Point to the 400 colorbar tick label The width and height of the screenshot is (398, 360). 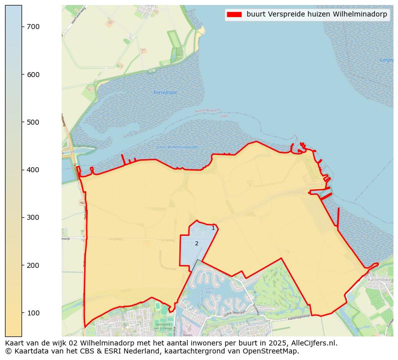coord(33,170)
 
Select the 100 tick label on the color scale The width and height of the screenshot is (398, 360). coord(33,313)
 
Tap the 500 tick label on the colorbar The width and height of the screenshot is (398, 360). coord(33,122)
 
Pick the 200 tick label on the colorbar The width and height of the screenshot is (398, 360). coord(33,265)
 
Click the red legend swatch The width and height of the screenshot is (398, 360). coord(234,15)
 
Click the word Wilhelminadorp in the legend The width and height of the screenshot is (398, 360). coord(362,15)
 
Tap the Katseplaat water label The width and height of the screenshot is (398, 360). coord(165,93)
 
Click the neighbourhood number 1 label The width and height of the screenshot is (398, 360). coord(213,228)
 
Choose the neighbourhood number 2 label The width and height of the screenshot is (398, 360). coord(196,244)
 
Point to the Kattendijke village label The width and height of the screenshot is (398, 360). coord(378,279)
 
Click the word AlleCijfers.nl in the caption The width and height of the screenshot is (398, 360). coord(314,343)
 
